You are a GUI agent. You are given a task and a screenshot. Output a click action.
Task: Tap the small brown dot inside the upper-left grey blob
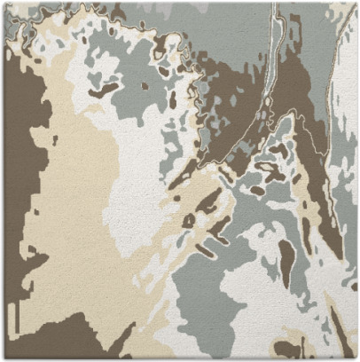(145, 86)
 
